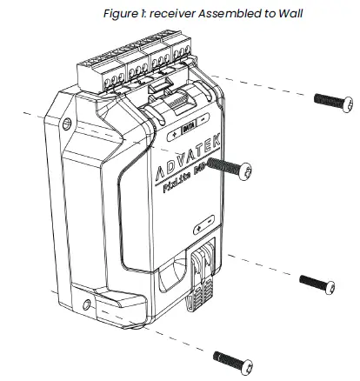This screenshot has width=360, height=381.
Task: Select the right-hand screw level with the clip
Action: (316, 282)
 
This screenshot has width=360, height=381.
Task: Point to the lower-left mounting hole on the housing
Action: (84, 304)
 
